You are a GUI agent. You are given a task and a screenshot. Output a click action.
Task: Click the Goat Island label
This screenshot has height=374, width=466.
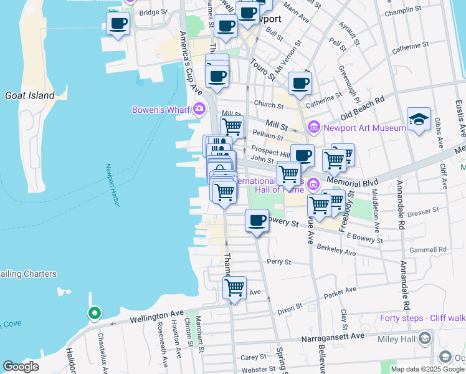29,95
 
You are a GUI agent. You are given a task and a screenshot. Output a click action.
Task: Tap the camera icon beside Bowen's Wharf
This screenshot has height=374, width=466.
199,110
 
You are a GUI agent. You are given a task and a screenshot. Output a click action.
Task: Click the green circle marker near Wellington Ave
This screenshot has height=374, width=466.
95,313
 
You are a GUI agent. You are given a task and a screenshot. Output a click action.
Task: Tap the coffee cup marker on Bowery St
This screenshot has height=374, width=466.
257,220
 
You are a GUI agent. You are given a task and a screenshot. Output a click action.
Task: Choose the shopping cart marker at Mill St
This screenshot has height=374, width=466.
232,126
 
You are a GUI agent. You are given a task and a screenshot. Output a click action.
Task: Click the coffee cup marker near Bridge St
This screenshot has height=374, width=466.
118,24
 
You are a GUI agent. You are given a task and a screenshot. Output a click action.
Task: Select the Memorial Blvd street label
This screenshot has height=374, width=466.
362,184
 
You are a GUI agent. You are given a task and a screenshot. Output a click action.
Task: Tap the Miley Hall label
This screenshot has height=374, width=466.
396,339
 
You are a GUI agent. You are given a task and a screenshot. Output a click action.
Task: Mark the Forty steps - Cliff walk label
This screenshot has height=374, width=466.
422,318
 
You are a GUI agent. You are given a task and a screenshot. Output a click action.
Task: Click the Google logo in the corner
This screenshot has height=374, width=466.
21,367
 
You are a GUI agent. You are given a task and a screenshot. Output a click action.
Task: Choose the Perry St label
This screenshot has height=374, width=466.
278,262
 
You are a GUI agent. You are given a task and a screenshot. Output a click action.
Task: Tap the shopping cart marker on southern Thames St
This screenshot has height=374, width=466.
234,287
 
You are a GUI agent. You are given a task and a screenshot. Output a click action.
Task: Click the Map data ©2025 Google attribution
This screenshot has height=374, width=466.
427,369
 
